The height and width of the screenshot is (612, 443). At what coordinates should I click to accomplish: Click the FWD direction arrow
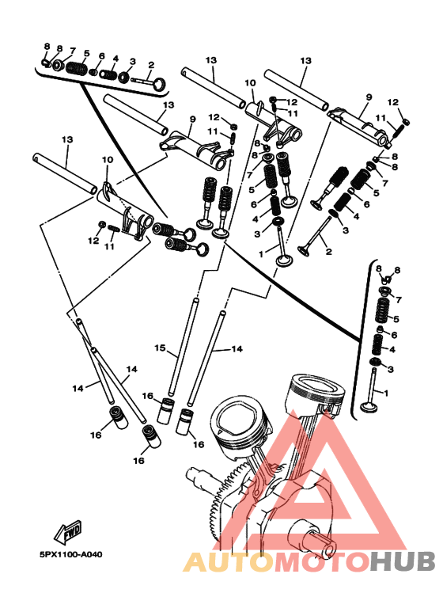pyautogui.click(x=68, y=532)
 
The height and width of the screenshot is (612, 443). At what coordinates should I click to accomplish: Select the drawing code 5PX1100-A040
pyautogui.click(x=70, y=554)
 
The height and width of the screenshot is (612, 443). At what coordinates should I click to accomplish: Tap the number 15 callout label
pyautogui.click(x=160, y=348)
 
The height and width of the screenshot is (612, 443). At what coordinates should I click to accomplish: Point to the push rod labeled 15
pyautogui.click(x=183, y=347)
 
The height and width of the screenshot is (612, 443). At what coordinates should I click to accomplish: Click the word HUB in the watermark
pyautogui.click(x=403, y=561)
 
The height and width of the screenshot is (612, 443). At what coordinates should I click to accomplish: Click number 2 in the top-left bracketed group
pyautogui.click(x=151, y=65)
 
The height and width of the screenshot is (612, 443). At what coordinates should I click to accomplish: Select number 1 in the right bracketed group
pyautogui.click(x=386, y=393)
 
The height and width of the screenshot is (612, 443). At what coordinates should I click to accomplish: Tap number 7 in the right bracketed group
pyautogui.click(x=398, y=300)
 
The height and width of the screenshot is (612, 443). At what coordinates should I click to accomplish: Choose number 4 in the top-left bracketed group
pyautogui.click(x=115, y=59)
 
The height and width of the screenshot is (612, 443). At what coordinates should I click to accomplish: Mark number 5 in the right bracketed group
pyautogui.click(x=396, y=319)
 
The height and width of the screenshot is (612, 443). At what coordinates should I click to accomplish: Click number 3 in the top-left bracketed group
pyautogui.click(x=133, y=61)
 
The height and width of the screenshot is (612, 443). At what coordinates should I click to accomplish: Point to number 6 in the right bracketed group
pyautogui.click(x=394, y=335)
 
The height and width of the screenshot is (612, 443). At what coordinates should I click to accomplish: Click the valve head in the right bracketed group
pyautogui.click(x=369, y=407)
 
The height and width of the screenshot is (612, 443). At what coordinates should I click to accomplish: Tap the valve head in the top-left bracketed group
pyautogui.click(x=160, y=83)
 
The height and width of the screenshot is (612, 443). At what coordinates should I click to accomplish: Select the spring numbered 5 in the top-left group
pyautogui.click(x=76, y=68)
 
